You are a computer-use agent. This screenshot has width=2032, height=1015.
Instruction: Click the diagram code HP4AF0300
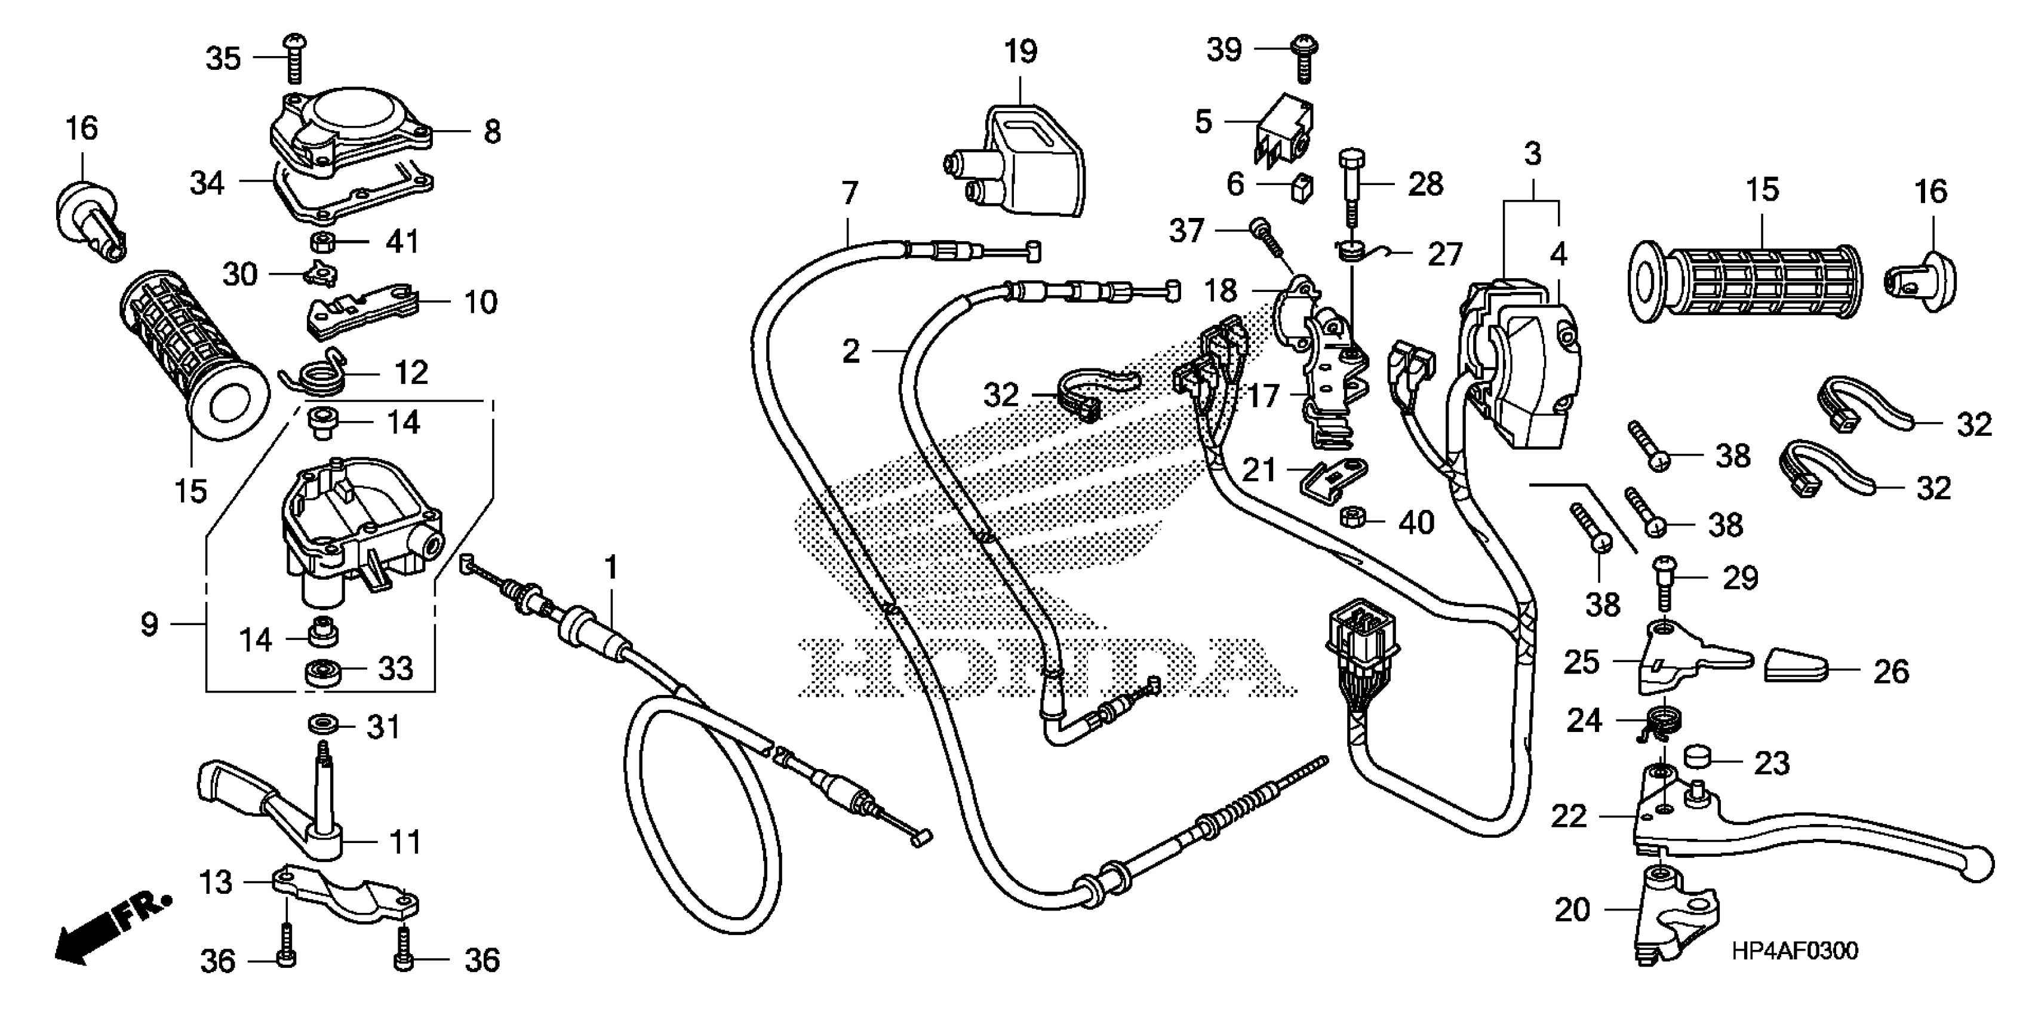[1794, 951]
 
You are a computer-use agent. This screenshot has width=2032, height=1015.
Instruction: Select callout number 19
[1020, 52]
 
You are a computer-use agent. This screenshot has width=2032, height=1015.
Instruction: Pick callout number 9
[149, 625]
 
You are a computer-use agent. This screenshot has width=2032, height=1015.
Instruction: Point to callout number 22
[1568, 816]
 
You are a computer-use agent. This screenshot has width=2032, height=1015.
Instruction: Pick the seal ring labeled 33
[320, 673]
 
